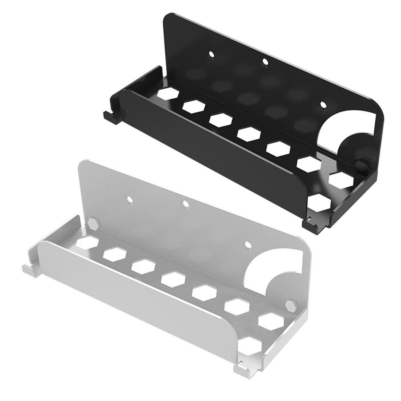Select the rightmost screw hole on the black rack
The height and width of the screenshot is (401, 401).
pyautogui.click(x=323, y=105)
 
